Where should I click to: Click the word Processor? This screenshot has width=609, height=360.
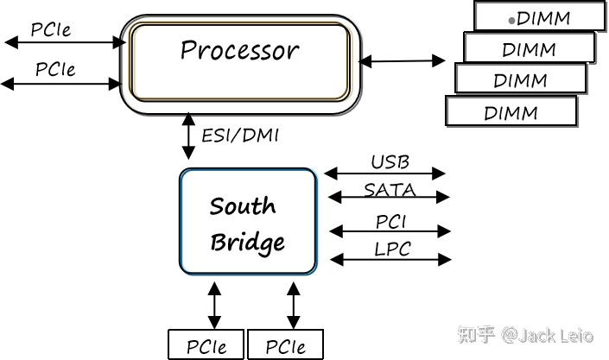[239, 50]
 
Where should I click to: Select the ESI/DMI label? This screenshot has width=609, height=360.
[240, 136]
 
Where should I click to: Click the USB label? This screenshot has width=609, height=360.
[390, 162]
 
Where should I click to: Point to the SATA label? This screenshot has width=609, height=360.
[390, 190]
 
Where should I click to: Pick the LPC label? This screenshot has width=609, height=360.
[392, 249]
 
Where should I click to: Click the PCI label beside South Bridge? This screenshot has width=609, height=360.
[390, 222]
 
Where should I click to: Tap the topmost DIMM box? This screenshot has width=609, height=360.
[540, 16]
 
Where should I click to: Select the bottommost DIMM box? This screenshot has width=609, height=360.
[511, 111]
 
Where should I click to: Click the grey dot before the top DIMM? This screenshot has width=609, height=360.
[512, 20]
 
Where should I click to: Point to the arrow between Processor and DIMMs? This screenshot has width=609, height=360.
[402, 61]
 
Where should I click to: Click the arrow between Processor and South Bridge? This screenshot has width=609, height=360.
[188, 136]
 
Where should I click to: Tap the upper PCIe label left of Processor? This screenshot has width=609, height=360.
[51, 29]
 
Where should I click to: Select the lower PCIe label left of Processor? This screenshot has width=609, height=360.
[55, 69]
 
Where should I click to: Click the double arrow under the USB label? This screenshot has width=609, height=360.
[384, 174]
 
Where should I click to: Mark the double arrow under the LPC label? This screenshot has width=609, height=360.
[390, 259]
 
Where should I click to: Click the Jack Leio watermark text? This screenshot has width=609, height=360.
[548, 335]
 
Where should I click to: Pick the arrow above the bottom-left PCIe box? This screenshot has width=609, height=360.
[214, 306]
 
